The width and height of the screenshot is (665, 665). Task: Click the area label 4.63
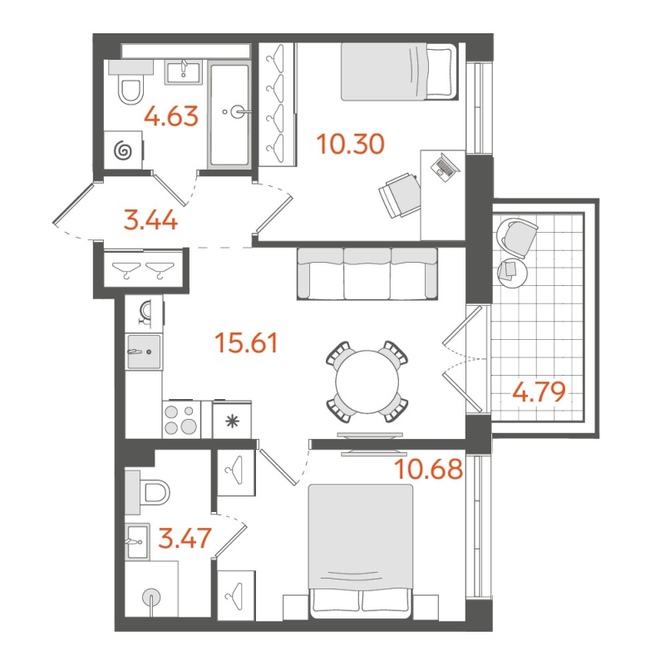pyautogui.click(x=171, y=116)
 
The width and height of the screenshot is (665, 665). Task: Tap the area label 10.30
pyautogui.click(x=350, y=144)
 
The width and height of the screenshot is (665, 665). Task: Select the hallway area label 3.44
pyautogui.click(x=150, y=220)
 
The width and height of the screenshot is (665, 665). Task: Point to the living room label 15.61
pyautogui.click(x=246, y=342)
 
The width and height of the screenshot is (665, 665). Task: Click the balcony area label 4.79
pyautogui.click(x=539, y=392)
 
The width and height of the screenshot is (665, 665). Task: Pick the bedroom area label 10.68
pyautogui.click(x=428, y=469)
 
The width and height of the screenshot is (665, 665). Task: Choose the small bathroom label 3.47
pyautogui.click(x=185, y=538)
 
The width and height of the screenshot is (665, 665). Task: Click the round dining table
pyautogui.click(x=367, y=382)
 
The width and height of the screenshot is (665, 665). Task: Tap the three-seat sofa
pyautogui.click(x=367, y=273)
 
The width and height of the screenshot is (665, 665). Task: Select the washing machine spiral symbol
pyautogui.click(x=123, y=150)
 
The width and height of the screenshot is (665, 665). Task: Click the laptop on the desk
pyautogui.click(x=445, y=167)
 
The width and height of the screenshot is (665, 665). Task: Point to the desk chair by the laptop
pyautogui.click(x=399, y=195)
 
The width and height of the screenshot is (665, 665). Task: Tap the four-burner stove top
pyautogui.click(x=181, y=420)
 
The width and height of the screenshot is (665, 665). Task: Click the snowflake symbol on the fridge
pyautogui.click(x=232, y=421)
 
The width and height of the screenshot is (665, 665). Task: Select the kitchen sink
pyautogui.click(x=144, y=352)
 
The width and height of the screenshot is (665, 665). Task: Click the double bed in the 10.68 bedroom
pyautogui.click(x=361, y=550)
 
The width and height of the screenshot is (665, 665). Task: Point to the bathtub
pyautogui.click(x=229, y=115)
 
